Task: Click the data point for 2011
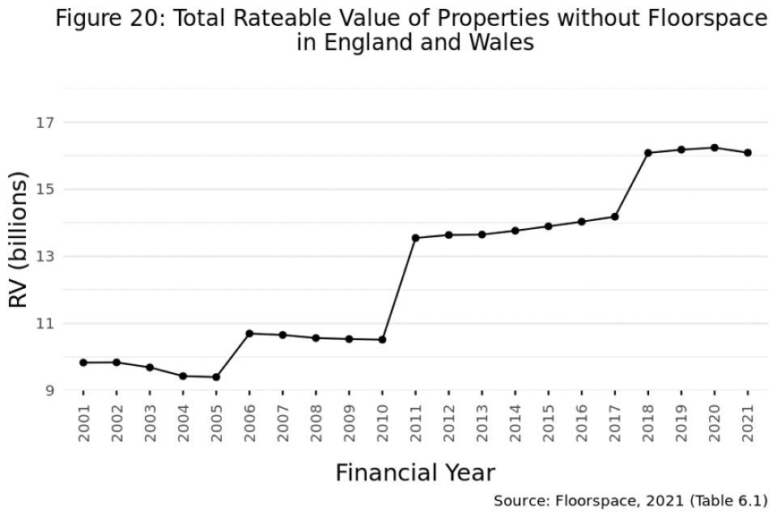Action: tap(415, 238)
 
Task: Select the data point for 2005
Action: tap(216, 377)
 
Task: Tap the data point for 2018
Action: tap(648, 153)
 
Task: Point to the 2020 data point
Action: tap(715, 147)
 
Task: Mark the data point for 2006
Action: tap(249, 333)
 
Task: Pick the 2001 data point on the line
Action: tap(83, 363)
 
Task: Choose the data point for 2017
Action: tap(615, 216)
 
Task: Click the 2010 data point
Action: tap(382, 340)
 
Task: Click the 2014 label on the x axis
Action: tap(516, 422)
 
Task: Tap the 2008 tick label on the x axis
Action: tap(316, 422)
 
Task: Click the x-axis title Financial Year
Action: tap(415, 473)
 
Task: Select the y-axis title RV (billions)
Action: tap(19, 243)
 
